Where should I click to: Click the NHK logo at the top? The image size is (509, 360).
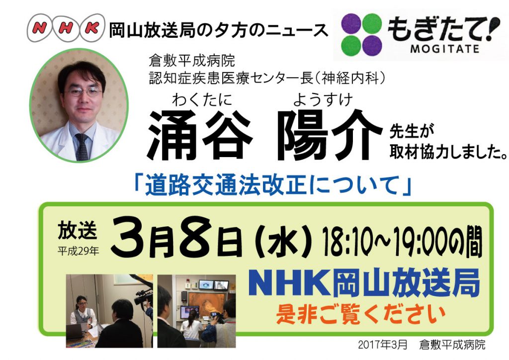(66, 28)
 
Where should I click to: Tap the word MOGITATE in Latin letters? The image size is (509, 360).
(445, 49)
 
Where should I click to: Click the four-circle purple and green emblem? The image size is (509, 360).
(362, 34)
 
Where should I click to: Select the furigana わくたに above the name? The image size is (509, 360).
(202, 99)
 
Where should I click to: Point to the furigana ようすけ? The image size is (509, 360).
(323, 99)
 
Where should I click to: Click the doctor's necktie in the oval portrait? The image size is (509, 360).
(82, 147)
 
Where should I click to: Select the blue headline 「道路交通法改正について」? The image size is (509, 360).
(273, 185)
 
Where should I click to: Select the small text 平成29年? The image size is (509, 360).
(78, 251)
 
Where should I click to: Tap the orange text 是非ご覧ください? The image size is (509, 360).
(361, 314)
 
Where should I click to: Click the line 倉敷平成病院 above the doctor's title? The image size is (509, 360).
(192, 60)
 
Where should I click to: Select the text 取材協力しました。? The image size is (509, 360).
(448, 152)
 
